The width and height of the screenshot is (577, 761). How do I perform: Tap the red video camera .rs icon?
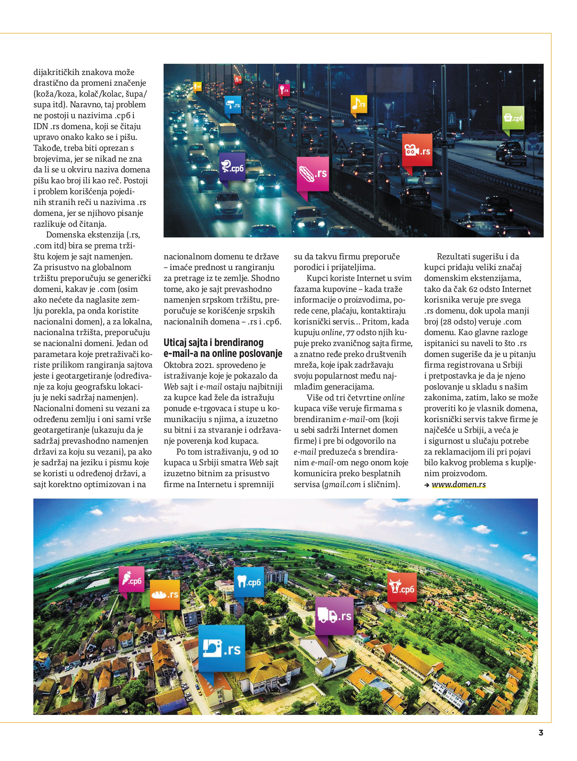click(x=417, y=150)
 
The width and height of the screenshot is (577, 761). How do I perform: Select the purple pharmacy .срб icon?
click(x=232, y=167)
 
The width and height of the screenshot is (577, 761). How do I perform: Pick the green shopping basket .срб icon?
click(x=513, y=118)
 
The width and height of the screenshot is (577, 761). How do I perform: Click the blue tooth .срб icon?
click(x=249, y=582)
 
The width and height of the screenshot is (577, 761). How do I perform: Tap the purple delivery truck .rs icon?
click(x=334, y=615)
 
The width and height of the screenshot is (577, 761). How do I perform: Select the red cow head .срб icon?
click(x=402, y=588)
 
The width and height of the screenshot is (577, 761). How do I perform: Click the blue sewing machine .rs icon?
click(x=222, y=648)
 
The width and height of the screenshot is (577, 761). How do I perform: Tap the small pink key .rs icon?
click(x=284, y=90)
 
